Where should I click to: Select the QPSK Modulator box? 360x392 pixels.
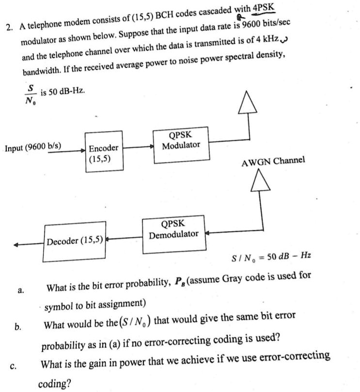pyautogui.click(x=181, y=141)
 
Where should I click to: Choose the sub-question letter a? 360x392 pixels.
pyautogui.click(x=20, y=291)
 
